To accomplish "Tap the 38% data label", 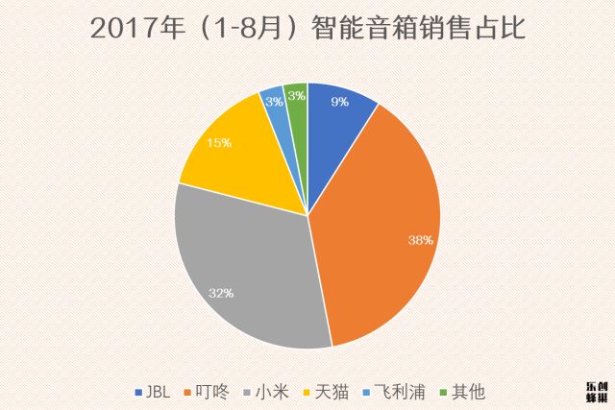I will pos(420,240).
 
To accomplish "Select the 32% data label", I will pos(222,292).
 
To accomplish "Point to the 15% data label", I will pos(220,143).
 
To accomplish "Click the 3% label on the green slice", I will pos(298,95).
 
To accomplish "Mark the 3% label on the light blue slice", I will pos(274,101).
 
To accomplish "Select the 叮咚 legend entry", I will pos(208,393).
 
